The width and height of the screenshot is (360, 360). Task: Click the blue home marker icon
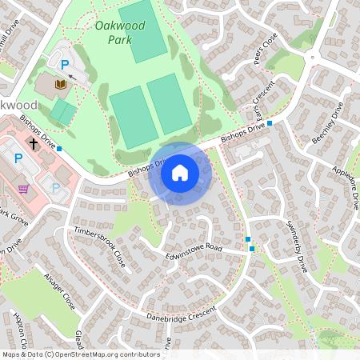[180, 173]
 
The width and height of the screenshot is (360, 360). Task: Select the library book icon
[59, 83]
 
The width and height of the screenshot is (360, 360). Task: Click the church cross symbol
[34, 145]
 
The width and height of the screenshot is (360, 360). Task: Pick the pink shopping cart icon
[24, 189]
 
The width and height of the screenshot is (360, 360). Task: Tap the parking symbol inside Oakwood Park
[64, 62]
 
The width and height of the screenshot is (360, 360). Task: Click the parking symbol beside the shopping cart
[56, 188]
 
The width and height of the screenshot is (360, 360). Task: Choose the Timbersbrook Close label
[100, 246]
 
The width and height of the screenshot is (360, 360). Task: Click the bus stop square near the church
[59, 149]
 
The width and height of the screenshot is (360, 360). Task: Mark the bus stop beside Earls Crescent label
[270, 123]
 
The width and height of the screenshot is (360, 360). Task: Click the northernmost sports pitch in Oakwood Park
[144, 33]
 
